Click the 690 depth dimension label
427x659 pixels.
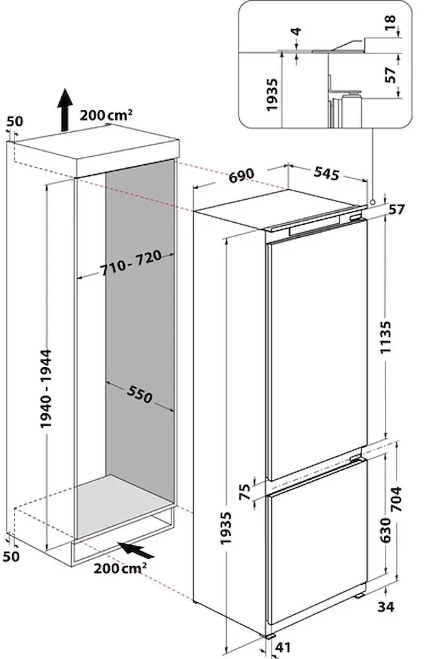point(242,175)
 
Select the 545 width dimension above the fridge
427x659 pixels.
point(326,172)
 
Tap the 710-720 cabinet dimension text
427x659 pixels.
point(130,263)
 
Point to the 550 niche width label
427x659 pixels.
point(139,393)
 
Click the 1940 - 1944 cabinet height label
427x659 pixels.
point(46,389)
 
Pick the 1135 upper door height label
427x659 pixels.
point(385,337)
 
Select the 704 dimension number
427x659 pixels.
point(396,499)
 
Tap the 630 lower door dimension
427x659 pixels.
point(385,530)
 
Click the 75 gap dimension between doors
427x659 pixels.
point(245,492)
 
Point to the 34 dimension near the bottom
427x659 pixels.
point(386,607)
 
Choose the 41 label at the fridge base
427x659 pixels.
point(283,647)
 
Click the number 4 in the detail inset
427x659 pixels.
point(297,32)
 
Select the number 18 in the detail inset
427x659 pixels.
point(390,22)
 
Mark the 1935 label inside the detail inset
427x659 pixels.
point(272,94)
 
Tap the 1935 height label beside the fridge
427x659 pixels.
point(225,528)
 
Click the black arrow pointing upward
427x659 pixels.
point(65,109)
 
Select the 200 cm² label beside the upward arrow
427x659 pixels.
point(106,115)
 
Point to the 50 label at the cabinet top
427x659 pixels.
point(14,121)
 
